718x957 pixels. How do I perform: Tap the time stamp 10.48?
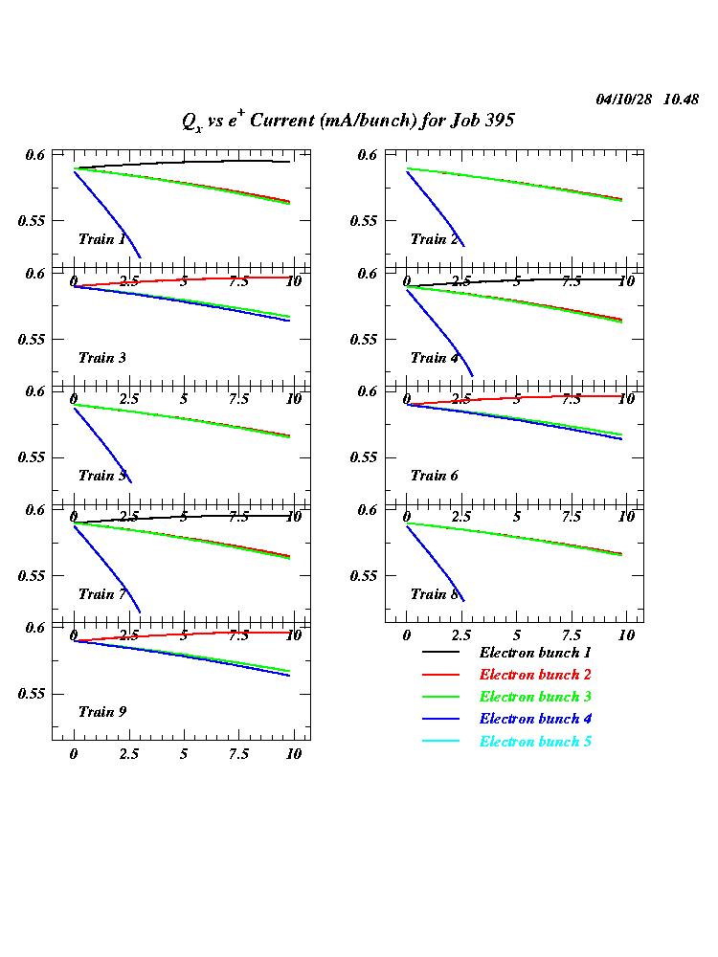click(682, 100)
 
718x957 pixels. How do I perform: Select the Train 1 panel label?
click(101, 239)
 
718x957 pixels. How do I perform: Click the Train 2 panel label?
click(435, 239)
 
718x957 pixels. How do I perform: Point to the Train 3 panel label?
click(101, 358)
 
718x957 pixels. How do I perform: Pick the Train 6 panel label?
click(435, 476)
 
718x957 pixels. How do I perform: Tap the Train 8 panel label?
click(435, 594)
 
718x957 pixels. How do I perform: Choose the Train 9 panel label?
click(101, 712)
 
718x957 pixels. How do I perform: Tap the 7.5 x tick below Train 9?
click(238, 754)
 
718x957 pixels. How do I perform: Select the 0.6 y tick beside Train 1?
click(34, 155)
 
